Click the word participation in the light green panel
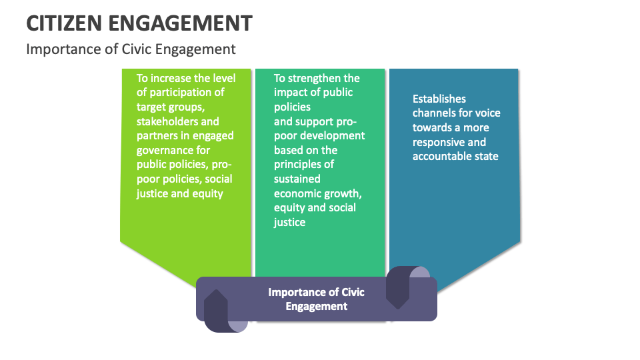[186, 93]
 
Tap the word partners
[159, 136]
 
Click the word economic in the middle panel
[297, 193]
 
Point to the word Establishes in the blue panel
[439, 99]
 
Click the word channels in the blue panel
[434, 113]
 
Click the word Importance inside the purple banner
[296, 292]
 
